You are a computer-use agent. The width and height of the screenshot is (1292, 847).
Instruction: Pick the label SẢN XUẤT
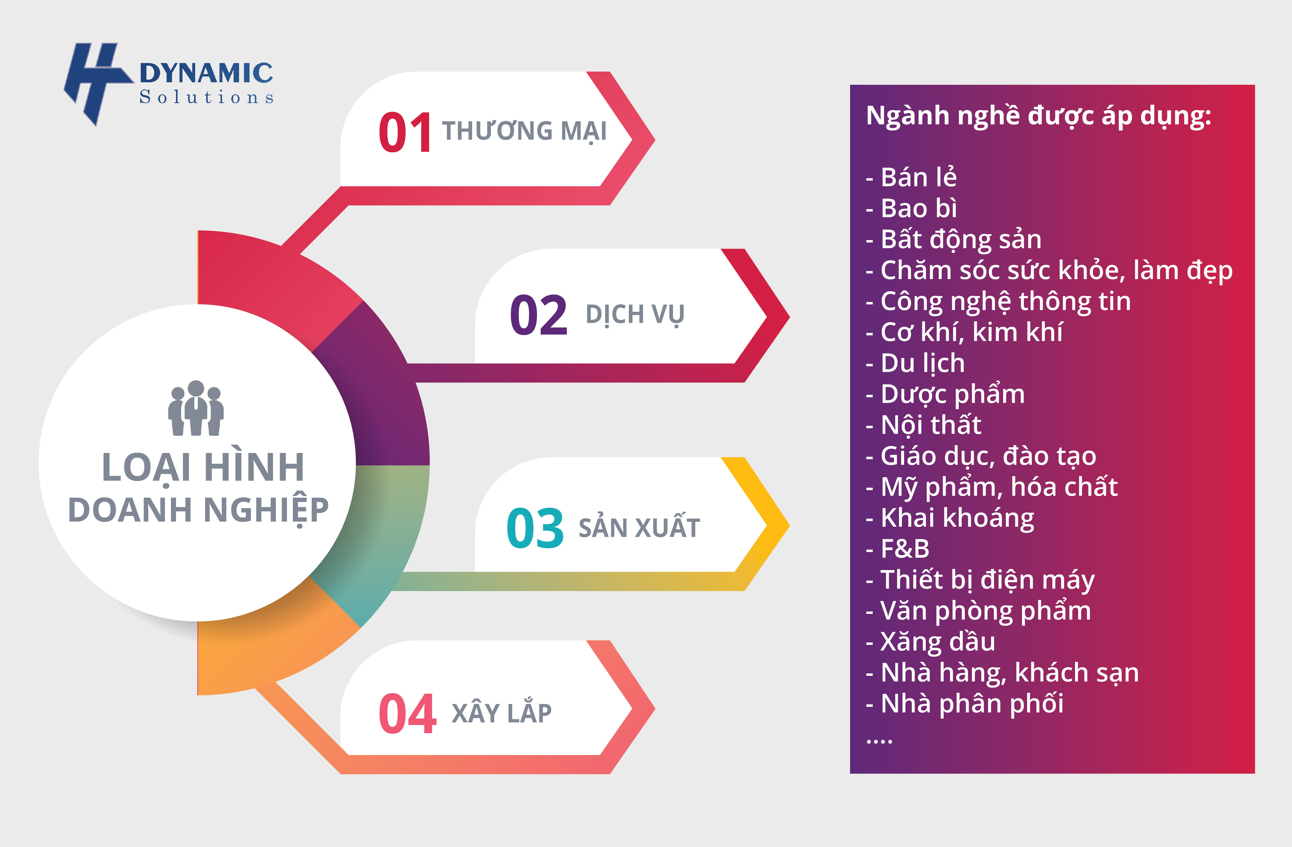tap(639, 528)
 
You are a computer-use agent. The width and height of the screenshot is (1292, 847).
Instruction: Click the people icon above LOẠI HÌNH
tap(196, 408)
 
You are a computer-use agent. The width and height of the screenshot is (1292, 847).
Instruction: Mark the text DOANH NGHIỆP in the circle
tap(198, 510)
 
